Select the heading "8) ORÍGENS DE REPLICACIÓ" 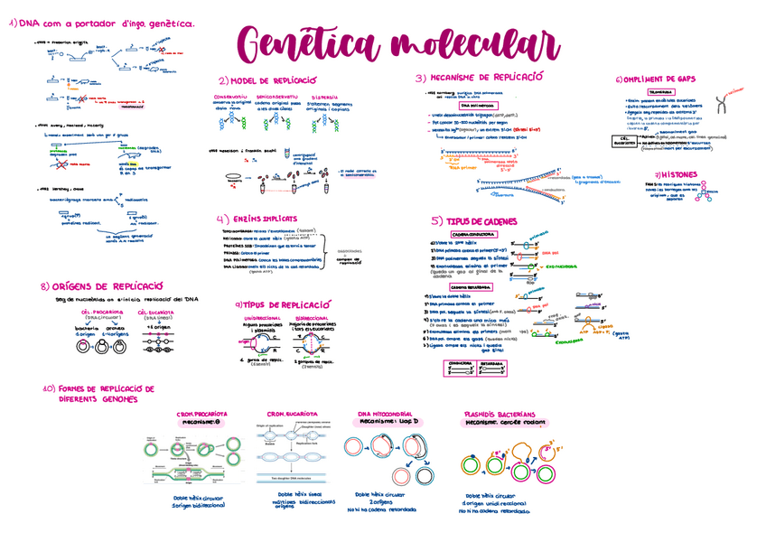[x=100, y=285]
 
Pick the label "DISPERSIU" [x=324, y=97]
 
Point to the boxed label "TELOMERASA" [x=660, y=91]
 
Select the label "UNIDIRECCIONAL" [x=262, y=318]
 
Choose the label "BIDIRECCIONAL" [x=313, y=318]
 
